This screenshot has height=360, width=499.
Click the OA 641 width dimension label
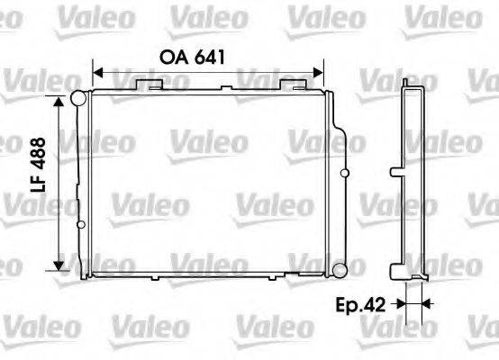tap(191, 55)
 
